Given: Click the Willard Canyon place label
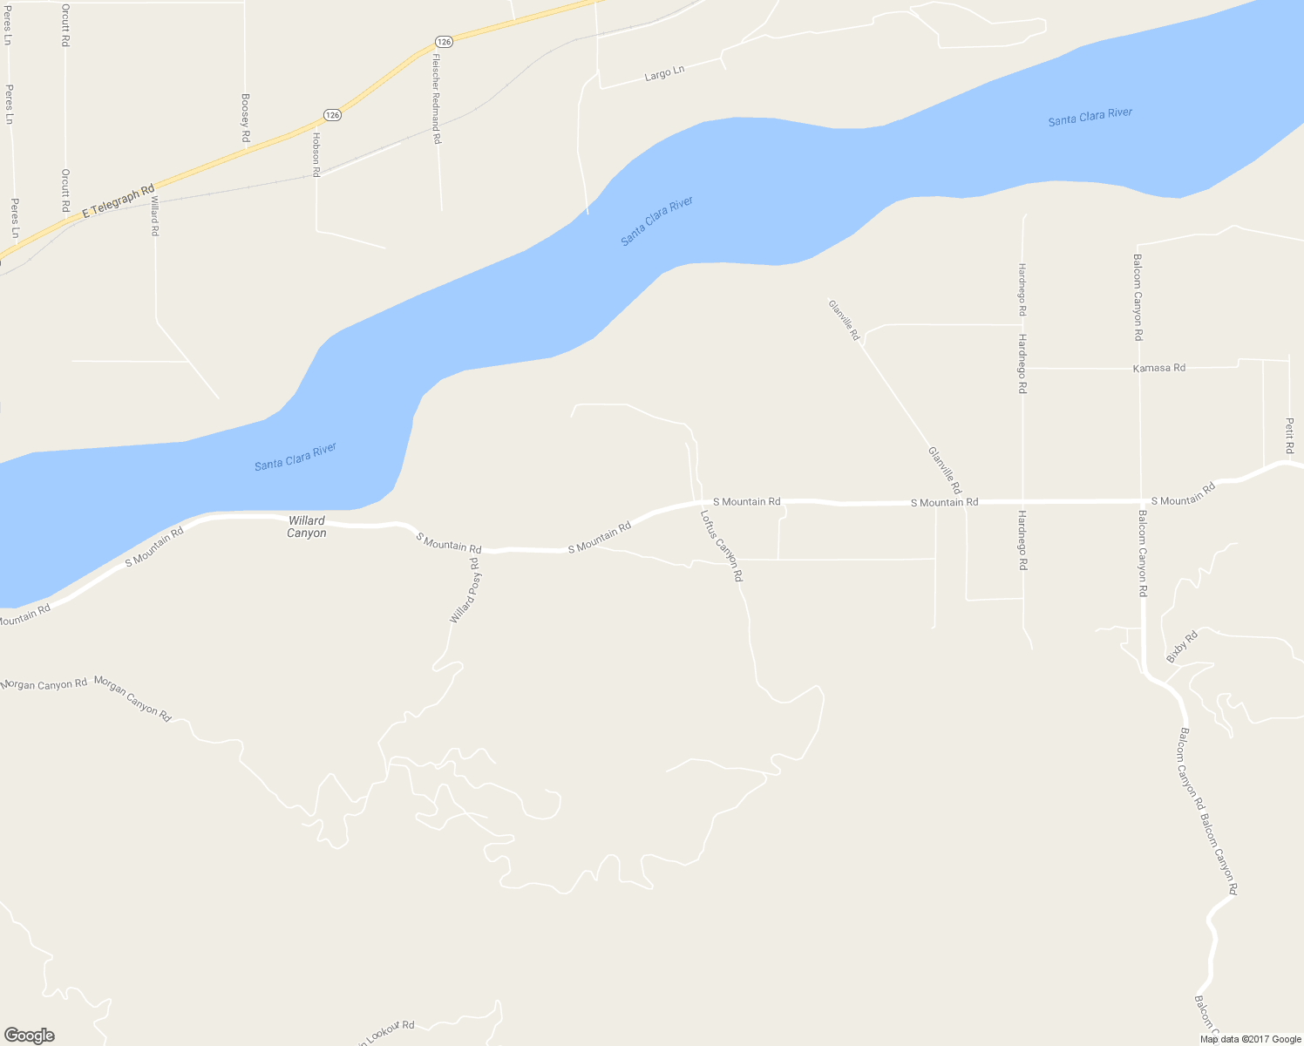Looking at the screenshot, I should click(307, 526).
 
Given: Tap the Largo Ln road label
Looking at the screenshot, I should click(664, 74).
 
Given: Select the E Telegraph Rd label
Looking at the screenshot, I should click(118, 201).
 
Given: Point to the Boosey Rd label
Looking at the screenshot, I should click(246, 119).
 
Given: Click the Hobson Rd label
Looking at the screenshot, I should click(316, 154).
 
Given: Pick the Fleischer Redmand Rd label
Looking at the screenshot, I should click(437, 98).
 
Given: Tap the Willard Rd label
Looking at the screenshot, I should click(155, 215).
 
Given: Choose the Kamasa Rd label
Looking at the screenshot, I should click(1158, 368).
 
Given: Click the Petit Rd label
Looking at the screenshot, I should click(1289, 435).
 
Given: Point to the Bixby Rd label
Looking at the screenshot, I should click(1182, 646).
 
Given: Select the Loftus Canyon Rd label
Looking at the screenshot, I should click(722, 546).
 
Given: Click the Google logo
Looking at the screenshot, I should click(29, 1036).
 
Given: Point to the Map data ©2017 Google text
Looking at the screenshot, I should click(1250, 1039).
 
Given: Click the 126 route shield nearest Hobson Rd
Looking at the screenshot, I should click(331, 114).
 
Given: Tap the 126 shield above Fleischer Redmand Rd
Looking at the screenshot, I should click(444, 42).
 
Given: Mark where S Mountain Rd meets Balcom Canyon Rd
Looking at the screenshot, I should click(1141, 500).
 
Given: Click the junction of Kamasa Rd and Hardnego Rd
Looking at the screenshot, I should click(1023, 368).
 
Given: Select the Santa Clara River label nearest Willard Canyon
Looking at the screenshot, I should click(295, 457).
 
